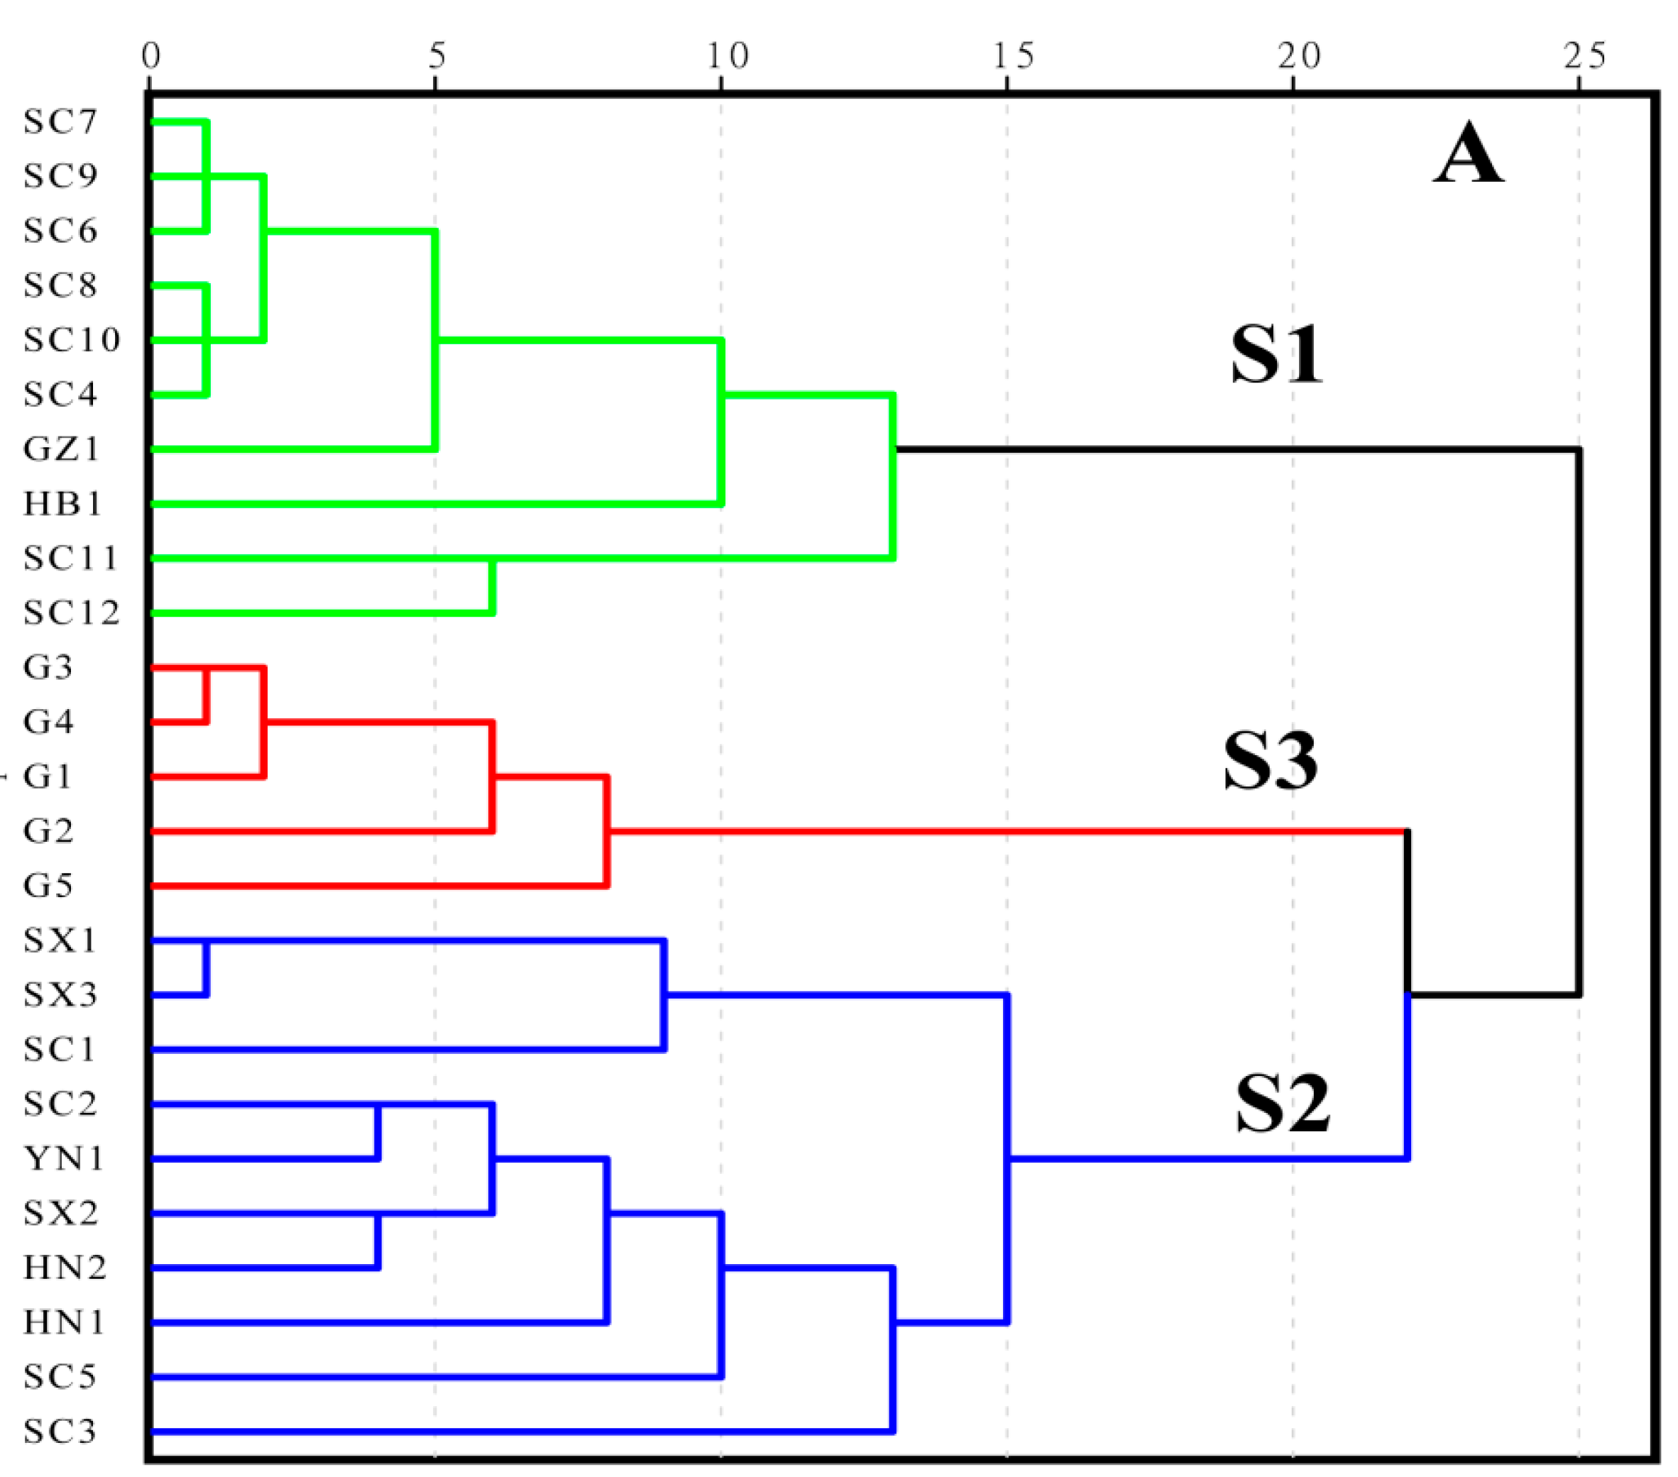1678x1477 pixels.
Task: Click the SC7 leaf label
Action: coord(60,121)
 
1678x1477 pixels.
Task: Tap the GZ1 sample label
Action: coord(62,449)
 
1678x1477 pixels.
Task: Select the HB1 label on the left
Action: coord(62,503)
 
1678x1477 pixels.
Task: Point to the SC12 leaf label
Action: coord(72,613)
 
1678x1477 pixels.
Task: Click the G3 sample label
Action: coord(48,666)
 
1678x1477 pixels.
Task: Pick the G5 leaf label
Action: coord(48,885)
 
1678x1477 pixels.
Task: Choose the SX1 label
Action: coord(60,940)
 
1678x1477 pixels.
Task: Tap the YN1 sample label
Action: coord(64,1158)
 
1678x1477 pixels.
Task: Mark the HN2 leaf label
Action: coord(65,1268)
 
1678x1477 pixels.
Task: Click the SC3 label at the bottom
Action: coord(60,1431)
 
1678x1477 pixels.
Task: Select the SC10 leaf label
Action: coord(72,340)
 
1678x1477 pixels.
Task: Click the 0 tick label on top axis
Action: coord(150,56)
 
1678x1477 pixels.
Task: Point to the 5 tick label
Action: coord(436,56)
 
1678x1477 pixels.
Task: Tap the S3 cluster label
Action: coord(1271,760)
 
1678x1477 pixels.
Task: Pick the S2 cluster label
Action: coord(1283,1104)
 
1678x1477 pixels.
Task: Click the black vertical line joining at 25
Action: coord(1579,723)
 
